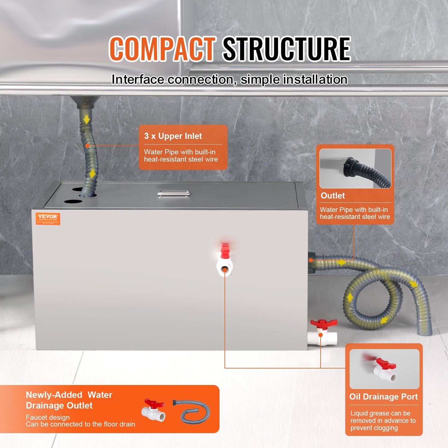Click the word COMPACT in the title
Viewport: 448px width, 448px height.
(x=162, y=49)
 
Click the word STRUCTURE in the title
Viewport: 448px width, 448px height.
(x=286, y=49)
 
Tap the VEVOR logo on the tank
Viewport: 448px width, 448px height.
(x=48, y=219)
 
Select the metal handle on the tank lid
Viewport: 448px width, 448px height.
(x=174, y=194)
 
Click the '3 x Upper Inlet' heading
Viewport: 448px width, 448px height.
(x=173, y=136)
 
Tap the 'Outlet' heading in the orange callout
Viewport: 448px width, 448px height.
(x=333, y=196)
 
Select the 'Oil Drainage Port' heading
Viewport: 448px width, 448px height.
(x=384, y=397)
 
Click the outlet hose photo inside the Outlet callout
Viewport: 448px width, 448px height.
(x=355, y=169)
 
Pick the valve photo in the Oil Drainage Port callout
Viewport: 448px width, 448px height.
(x=384, y=369)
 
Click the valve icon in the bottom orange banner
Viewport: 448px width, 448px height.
(x=153, y=410)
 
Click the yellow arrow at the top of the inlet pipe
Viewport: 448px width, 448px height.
(x=87, y=119)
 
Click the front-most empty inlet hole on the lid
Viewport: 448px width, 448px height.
(x=73, y=202)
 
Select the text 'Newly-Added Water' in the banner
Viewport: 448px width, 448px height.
(x=69, y=395)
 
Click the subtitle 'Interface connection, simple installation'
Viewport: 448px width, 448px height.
(x=229, y=80)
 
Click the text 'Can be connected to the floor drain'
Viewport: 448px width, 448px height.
(x=80, y=424)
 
